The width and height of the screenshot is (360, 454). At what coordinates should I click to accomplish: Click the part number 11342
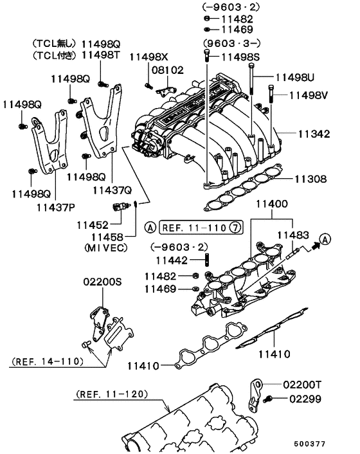click(314, 134)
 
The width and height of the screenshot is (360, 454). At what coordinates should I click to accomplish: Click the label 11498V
click(309, 95)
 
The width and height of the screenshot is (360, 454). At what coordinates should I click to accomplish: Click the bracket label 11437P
click(56, 208)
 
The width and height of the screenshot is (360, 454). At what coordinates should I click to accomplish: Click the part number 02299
click(303, 399)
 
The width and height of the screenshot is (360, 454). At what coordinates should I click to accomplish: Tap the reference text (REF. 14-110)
click(48, 362)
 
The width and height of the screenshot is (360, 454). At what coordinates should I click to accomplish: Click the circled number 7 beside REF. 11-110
click(236, 227)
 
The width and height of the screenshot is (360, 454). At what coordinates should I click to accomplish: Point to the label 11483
click(292, 235)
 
